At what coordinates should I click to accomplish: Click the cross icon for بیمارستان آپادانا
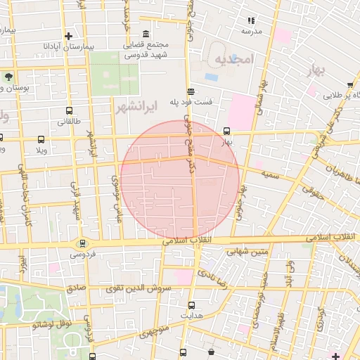pos(68,36)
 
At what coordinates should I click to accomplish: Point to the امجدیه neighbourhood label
pos(233,59)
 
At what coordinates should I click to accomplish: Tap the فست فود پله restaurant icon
pos(191,91)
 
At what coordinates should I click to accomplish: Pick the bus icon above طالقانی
pos(68,111)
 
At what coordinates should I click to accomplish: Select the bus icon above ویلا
pos(41,139)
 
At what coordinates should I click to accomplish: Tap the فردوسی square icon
pos(82,243)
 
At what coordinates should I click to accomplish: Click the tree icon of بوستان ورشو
pos(8,76)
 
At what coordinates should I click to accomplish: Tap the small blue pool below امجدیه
pos(211,77)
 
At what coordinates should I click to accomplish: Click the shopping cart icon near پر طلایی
pos(330,94)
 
